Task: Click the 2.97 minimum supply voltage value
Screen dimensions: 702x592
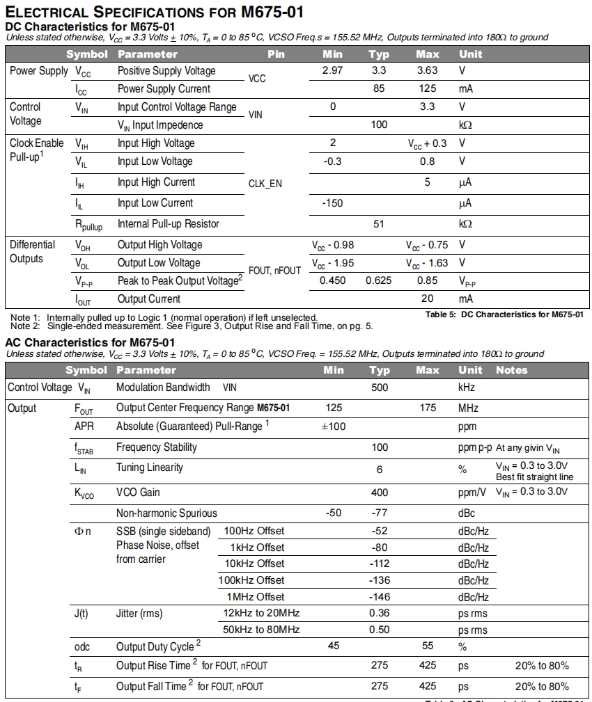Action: point(333,71)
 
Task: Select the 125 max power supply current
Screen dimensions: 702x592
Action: point(427,89)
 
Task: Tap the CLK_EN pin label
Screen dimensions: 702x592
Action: point(265,184)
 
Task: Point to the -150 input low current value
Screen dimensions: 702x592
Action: point(333,203)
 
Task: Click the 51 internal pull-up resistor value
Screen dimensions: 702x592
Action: point(379,224)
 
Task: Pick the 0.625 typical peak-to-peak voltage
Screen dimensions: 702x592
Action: point(379,281)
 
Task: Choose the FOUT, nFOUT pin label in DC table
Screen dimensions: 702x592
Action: point(274,271)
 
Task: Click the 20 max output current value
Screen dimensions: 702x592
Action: point(427,299)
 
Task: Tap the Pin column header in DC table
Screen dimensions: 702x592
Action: point(276,54)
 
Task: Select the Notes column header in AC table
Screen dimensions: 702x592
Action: point(512,370)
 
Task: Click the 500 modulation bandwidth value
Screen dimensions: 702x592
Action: point(380,388)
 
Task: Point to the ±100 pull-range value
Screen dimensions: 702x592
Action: point(333,426)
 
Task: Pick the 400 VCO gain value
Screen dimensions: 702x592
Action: point(380,493)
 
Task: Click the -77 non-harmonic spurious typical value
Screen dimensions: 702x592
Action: point(380,513)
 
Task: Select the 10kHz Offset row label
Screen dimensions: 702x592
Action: point(254,564)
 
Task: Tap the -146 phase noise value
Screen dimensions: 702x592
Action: point(380,597)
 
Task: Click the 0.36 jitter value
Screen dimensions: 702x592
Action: point(380,614)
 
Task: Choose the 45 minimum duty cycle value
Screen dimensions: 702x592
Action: point(334,646)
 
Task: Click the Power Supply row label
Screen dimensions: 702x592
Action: point(39,71)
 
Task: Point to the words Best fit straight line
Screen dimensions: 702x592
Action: point(534,477)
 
